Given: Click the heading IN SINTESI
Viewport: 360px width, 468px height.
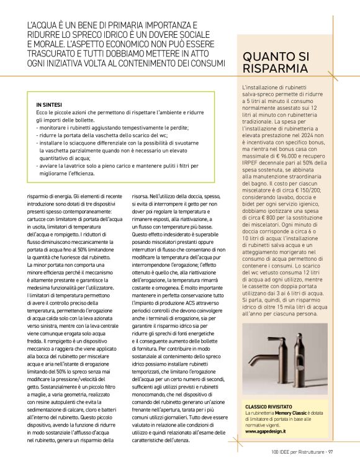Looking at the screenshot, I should [48, 105].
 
